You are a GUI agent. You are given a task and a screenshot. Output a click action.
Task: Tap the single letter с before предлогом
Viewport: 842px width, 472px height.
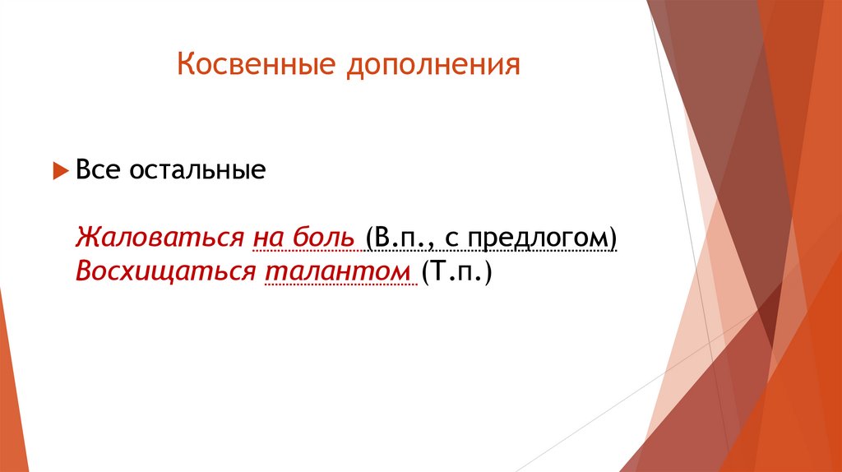(x=452, y=238)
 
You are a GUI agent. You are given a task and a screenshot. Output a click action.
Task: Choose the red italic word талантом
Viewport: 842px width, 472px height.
(x=337, y=271)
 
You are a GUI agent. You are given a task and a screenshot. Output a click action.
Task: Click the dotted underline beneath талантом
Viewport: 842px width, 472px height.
(x=337, y=285)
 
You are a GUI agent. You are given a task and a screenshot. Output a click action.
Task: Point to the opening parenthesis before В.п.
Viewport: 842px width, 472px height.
(x=372, y=238)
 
